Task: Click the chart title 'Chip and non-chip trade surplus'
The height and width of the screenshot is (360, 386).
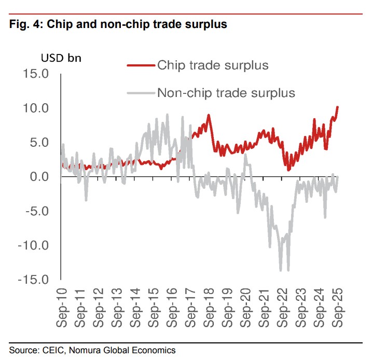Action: coord(137,25)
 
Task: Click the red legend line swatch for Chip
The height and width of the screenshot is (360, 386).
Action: coord(141,66)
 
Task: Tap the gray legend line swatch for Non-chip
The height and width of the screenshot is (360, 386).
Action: coord(141,93)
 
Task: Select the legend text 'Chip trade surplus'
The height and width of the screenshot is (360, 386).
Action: coord(213,65)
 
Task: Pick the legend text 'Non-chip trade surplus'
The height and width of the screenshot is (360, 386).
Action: coord(226,93)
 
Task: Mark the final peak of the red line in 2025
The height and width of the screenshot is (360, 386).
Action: coord(338,107)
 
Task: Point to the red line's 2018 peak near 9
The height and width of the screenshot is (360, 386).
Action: coord(208,115)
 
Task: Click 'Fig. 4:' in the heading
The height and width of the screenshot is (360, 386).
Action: coord(26,25)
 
